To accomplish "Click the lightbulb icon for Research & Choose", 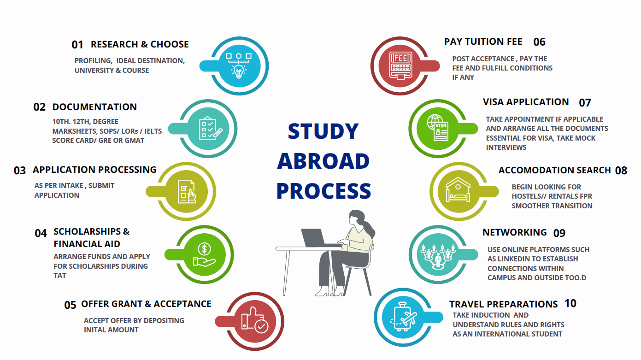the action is coord(238,65).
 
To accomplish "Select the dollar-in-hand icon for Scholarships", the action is coord(204,255).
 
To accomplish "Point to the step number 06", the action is coord(539,42).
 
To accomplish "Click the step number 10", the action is coord(570,303).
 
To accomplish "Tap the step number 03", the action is coord(20,171).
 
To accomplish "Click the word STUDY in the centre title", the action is coord(323,131).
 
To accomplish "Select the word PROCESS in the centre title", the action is coord(323,191).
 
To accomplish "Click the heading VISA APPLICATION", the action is coord(525,102).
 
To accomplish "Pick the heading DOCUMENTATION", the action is coord(94,107).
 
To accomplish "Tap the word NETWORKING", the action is coord(514,232).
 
